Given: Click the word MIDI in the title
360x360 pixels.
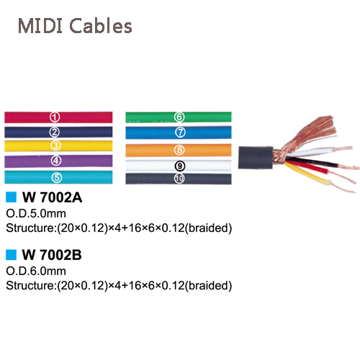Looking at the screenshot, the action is click(x=40, y=25).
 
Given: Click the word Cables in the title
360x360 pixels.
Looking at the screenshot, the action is click(x=101, y=25).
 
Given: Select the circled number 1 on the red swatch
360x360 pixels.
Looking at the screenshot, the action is click(x=55, y=117).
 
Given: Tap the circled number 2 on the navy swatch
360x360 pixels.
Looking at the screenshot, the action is click(x=55, y=132).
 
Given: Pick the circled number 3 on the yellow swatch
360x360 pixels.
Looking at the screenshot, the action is click(x=55, y=145).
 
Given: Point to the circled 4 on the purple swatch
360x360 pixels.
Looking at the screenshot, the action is click(x=56, y=161).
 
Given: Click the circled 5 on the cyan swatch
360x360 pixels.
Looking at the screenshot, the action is click(x=57, y=178).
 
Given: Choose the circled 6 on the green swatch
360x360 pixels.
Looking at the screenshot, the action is click(x=179, y=117).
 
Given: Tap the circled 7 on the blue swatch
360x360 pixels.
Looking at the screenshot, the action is click(x=180, y=132).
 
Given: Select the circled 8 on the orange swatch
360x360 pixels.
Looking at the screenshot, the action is click(x=179, y=150).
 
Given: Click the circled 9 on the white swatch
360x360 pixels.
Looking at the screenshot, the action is click(x=180, y=166).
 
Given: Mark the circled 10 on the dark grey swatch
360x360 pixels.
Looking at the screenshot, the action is click(x=179, y=179).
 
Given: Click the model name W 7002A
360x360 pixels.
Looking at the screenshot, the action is click(x=52, y=197).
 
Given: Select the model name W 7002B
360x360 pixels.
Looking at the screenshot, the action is click(x=52, y=255).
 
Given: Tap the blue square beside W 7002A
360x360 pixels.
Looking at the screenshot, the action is click(x=11, y=197).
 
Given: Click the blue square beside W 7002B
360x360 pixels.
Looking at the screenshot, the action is click(x=11, y=255).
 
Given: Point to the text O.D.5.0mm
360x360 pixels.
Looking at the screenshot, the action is click(x=36, y=214).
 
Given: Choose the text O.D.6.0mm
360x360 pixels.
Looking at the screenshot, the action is click(x=36, y=271).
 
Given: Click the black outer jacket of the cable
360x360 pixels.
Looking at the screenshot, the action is click(x=256, y=157).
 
